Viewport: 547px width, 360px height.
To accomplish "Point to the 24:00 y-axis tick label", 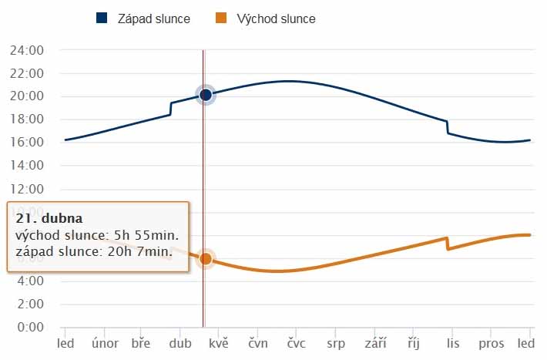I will tap(26, 50).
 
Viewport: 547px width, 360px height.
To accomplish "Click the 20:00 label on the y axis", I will tap(26, 96).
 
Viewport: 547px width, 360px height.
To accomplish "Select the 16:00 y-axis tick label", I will tap(26, 143).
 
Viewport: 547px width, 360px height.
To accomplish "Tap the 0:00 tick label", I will tap(29, 327).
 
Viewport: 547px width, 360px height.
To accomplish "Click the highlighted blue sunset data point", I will tap(205, 95).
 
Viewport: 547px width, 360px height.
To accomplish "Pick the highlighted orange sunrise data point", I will tap(206, 259).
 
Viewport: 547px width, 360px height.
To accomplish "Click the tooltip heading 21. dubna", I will tap(49, 218).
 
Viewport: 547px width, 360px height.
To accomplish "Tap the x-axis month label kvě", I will tap(219, 343).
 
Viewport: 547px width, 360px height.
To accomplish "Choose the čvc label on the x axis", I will tap(297, 343).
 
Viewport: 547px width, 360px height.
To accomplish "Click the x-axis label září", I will tap(375, 343).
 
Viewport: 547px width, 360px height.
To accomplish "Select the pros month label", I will tap(492, 343).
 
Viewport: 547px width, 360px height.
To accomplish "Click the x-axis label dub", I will tap(180, 343).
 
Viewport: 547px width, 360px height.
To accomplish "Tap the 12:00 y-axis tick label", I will tap(26, 189).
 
